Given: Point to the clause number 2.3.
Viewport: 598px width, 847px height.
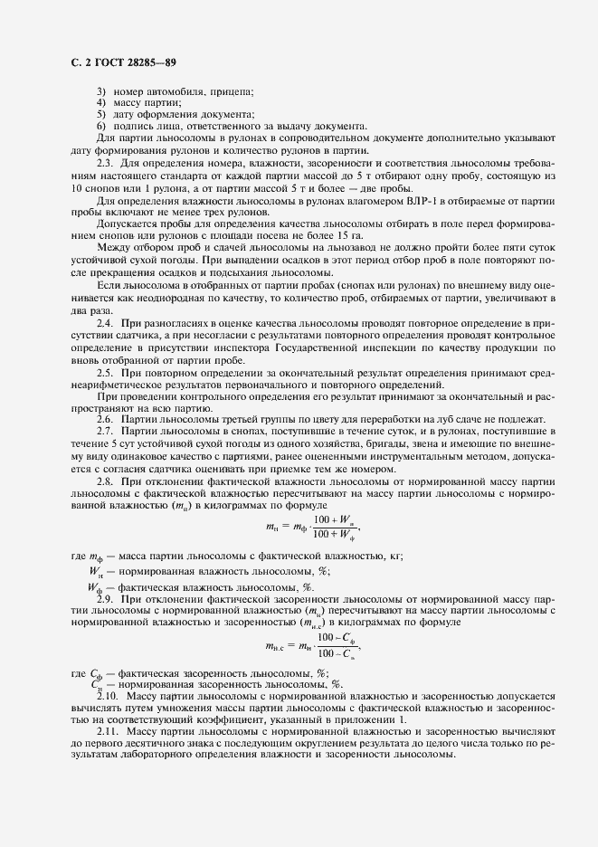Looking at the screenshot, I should (x=104, y=162).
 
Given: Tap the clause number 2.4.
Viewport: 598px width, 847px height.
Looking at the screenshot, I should (x=104, y=322).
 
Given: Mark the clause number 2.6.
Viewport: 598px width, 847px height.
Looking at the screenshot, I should (x=104, y=419).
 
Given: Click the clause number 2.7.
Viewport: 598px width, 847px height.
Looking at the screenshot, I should (x=104, y=433).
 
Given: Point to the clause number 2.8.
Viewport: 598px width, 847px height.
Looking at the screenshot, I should (x=104, y=481).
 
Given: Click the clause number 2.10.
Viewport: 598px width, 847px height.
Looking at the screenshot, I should (x=107, y=696).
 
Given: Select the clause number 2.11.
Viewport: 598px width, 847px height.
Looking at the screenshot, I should (x=107, y=729).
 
